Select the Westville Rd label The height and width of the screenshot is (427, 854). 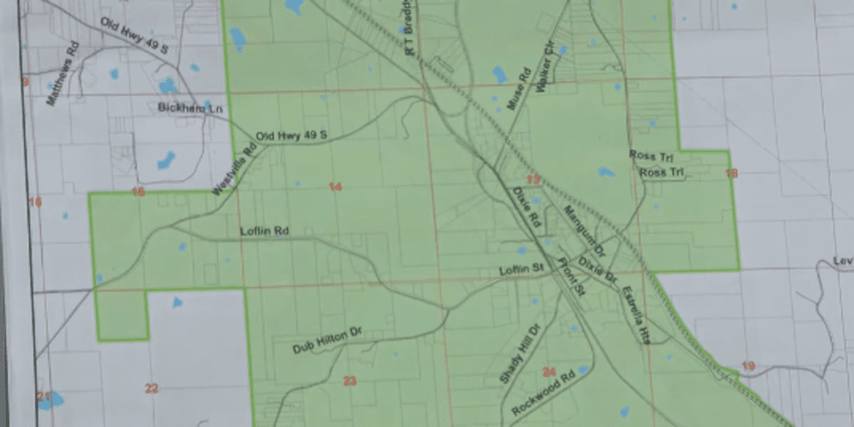(223, 173)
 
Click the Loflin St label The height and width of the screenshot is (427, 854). (521, 269)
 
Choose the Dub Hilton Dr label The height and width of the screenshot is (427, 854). (328, 341)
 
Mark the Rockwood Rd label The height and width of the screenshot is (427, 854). (544, 391)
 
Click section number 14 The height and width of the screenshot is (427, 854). (335, 187)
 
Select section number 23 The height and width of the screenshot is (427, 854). (349, 381)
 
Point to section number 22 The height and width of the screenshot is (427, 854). (151, 388)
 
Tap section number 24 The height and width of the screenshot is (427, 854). (548, 372)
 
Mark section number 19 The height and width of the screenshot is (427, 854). (747, 366)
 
